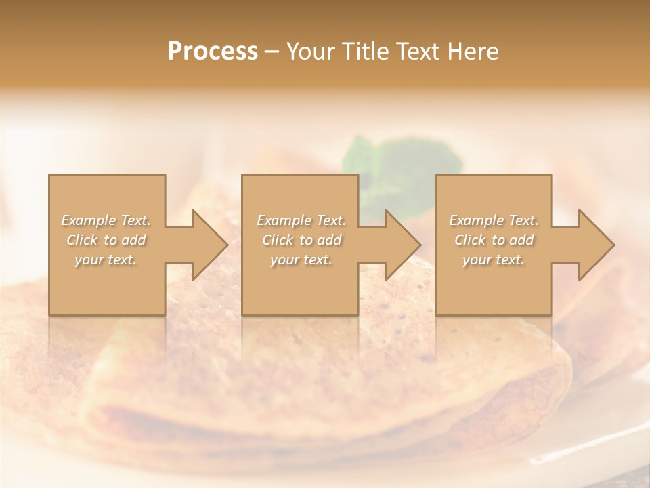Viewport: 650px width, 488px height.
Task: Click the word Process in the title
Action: (213, 52)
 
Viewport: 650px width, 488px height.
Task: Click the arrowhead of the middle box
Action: (399, 245)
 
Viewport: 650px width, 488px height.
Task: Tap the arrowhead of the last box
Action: (592, 245)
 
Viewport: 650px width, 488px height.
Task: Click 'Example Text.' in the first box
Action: (106, 220)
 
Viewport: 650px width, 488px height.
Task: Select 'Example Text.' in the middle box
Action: (301, 220)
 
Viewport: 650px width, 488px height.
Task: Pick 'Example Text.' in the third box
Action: (494, 220)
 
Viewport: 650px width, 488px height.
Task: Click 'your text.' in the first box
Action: (106, 260)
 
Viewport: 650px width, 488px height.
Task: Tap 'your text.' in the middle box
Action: (301, 260)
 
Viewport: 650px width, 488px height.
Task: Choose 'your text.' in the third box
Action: (494, 260)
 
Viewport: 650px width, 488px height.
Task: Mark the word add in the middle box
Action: (329, 240)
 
